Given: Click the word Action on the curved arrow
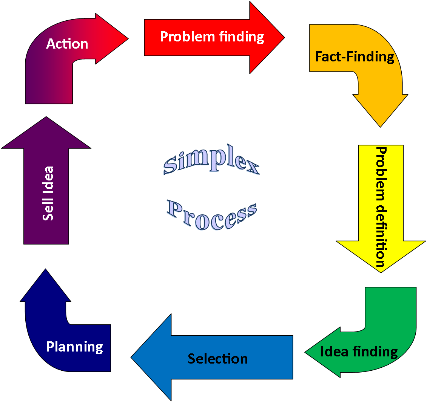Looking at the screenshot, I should (x=67, y=44).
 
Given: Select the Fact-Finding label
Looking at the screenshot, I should (x=355, y=57).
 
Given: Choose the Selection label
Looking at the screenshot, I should (x=218, y=359).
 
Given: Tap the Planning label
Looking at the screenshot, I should (x=75, y=347).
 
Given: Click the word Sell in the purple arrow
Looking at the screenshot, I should (x=48, y=211).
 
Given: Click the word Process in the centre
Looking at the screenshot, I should (x=212, y=215).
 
